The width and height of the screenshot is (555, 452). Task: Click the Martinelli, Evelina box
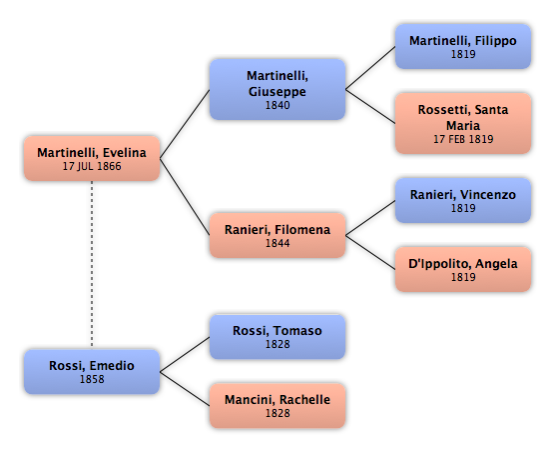pyautogui.click(x=92, y=158)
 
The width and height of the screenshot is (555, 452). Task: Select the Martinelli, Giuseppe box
pyautogui.click(x=277, y=89)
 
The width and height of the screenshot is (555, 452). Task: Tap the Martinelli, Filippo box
pyautogui.click(x=463, y=46)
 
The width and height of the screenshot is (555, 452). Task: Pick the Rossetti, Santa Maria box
pyautogui.click(x=463, y=123)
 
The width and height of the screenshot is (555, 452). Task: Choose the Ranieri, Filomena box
pyautogui.click(x=277, y=235)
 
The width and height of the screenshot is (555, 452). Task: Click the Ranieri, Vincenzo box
pyautogui.click(x=463, y=200)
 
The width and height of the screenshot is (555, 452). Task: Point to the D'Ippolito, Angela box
pyautogui.click(x=463, y=269)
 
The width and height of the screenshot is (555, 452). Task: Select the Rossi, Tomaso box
pyautogui.click(x=277, y=337)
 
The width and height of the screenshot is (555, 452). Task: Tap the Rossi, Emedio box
pyautogui.click(x=92, y=372)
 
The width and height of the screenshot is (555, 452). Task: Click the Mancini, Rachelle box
pyautogui.click(x=277, y=406)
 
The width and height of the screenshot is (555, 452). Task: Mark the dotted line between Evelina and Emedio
pyautogui.click(x=92, y=265)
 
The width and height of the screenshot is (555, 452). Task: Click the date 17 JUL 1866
pyautogui.click(x=92, y=166)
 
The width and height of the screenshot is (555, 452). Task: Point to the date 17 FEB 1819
pyautogui.click(x=463, y=139)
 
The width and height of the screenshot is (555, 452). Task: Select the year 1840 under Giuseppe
pyautogui.click(x=277, y=105)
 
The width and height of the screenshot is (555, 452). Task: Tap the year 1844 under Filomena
pyautogui.click(x=277, y=243)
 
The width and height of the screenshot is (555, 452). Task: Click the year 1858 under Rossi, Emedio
pyautogui.click(x=92, y=379)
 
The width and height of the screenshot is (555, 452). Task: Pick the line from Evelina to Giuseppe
pyautogui.click(x=185, y=124)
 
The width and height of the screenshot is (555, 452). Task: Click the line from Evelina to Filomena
pyautogui.click(x=185, y=197)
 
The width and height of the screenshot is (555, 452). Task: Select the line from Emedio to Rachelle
pyautogui.click(x=185, y=389)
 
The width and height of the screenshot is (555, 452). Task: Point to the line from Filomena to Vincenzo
pyautogui.click(x=370, y=218)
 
